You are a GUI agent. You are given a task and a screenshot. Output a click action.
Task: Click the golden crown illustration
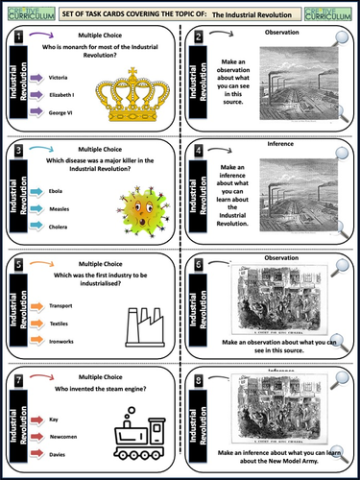point(125,96)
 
